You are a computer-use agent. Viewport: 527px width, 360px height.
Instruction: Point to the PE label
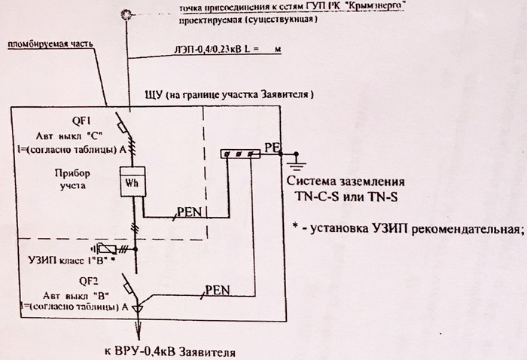[x=271, y=147]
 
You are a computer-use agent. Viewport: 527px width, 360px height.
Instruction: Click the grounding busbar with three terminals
[x=239, y=154]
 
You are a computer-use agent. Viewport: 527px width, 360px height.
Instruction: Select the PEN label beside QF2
[x=217, y=288]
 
